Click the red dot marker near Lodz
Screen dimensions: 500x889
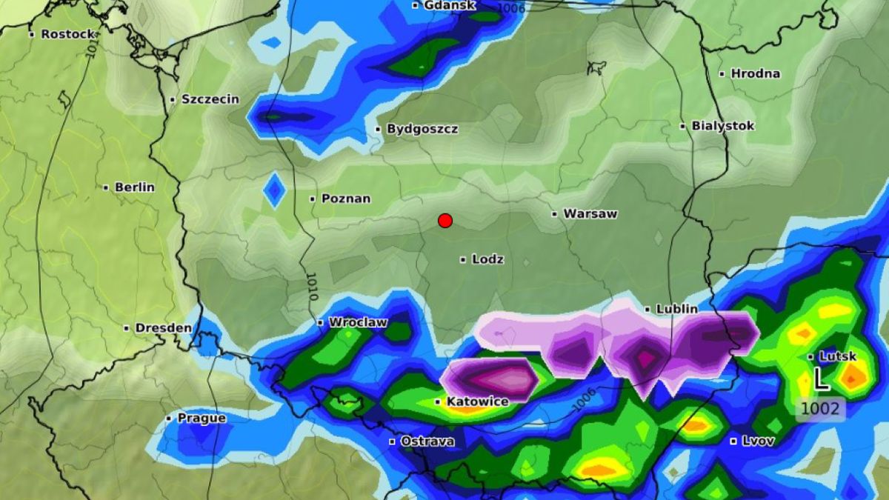pyautogui.click(x=445, y=221)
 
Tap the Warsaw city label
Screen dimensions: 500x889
pyautogui.click(x=590, y=214)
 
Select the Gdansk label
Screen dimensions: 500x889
pyautogui.click(x=449, y=5)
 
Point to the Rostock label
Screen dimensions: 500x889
pyautogui.click(x=67, y=34)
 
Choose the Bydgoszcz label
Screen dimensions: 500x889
pyautogui.click(x=422, y=129)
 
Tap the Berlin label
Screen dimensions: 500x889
pyautogui.click(x=134, y=187)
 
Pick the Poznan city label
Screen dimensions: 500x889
pyautogui.click(x=346, y=199)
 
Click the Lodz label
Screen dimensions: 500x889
pyautogui.click(x=487, y=259)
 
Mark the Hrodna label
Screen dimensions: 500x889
pyautogui.click(x=755, y=73)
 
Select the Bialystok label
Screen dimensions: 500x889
pyautogui.click(x=722, y=126)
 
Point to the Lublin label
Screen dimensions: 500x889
pyautogui.click(x=676, y=309)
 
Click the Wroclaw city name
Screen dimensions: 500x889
pyautogui.click(x=357, y=322)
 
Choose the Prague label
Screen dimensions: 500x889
pyautogui.click(x=201, y=418)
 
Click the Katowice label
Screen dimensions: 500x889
pyautogui.click(x=477, y=401)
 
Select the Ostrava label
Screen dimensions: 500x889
pyautogui.click(x=427, y=441)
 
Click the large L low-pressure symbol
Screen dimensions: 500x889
pyautogui.click(x=820, y=379)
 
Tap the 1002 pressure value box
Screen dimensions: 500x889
pyautogui.click(x=821, y=409)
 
